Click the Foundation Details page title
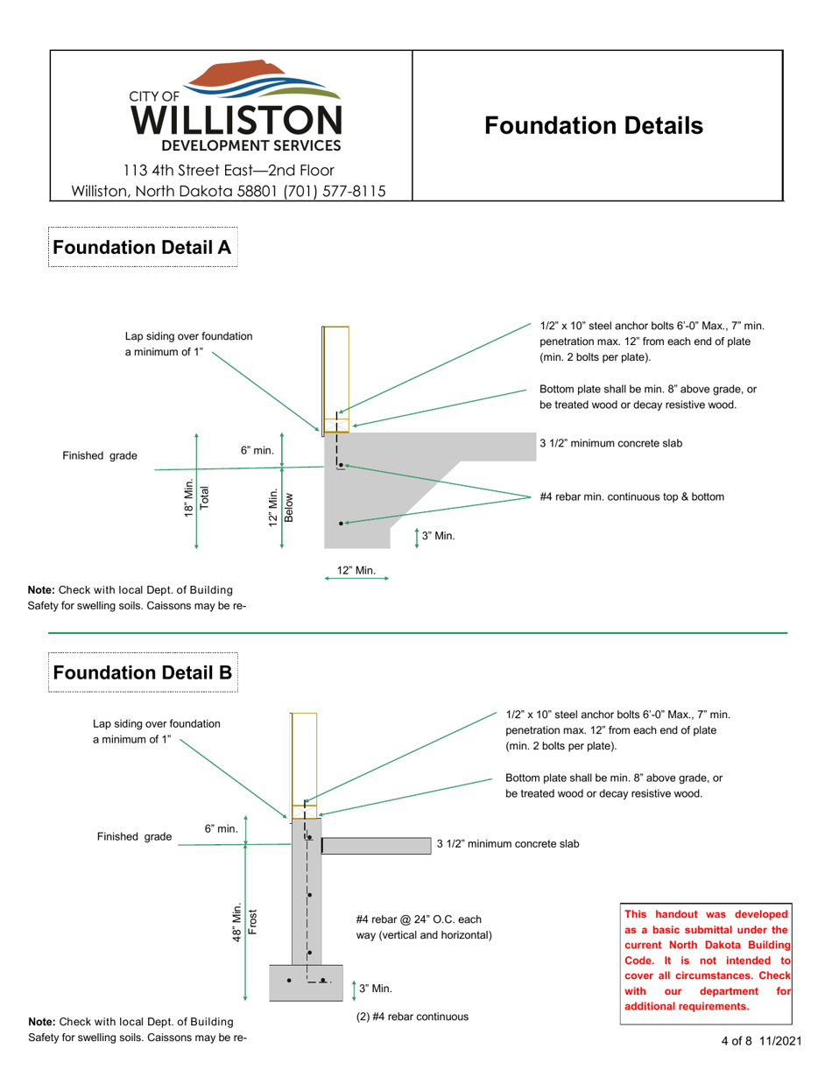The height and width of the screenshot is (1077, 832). (x=594, y=126)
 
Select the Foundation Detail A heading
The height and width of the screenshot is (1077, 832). (x=142, y=248)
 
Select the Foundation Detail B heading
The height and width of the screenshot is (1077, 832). (x=142, y=672)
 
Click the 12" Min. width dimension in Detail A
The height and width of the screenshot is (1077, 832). (x=356, y=571)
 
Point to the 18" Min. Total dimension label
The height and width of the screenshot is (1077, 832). (x=196, y=498)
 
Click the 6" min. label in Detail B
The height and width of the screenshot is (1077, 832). (x=222, y=828)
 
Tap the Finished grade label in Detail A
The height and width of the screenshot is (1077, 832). (x=100, y=456)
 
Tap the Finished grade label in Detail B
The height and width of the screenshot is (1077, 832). (x=134, y=837)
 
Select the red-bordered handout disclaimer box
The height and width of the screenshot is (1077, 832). (x=707, y=960)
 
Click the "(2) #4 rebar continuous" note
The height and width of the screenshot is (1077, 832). (x=412, y=1017)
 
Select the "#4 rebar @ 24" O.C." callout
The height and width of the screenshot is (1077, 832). (x=425, y=927)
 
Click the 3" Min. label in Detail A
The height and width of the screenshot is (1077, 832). (x=438, y=536)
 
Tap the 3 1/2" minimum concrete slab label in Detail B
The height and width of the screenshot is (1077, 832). (x=508, y=844)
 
